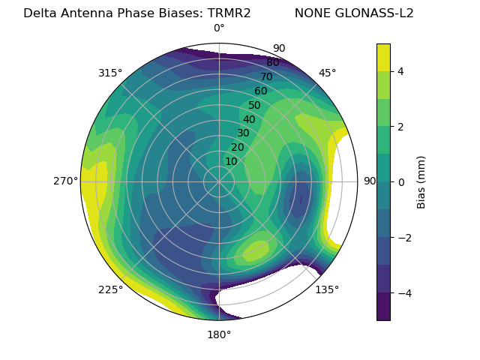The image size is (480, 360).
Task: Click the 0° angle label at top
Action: coord(219,28)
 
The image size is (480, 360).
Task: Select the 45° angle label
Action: coord(327,73)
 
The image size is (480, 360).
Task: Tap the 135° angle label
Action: coord(327,289)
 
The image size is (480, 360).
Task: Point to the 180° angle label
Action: coord(219,334)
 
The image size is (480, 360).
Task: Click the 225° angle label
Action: coord(110,289)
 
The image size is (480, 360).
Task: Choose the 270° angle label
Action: coord(66,181)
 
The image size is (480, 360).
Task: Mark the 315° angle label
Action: coord(110,73)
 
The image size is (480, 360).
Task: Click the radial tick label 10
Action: coord(231,161)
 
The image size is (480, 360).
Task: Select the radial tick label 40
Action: coord(249,119)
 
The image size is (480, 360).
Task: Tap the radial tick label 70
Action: coord(266,76)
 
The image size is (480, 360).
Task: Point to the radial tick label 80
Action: coord(272,62)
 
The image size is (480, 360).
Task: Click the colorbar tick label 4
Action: coord(401,71)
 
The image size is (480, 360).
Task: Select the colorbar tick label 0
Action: coord(401,181)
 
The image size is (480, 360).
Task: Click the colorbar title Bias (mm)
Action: coord(421,181)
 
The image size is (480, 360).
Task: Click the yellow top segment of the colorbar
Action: coord(383,57)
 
